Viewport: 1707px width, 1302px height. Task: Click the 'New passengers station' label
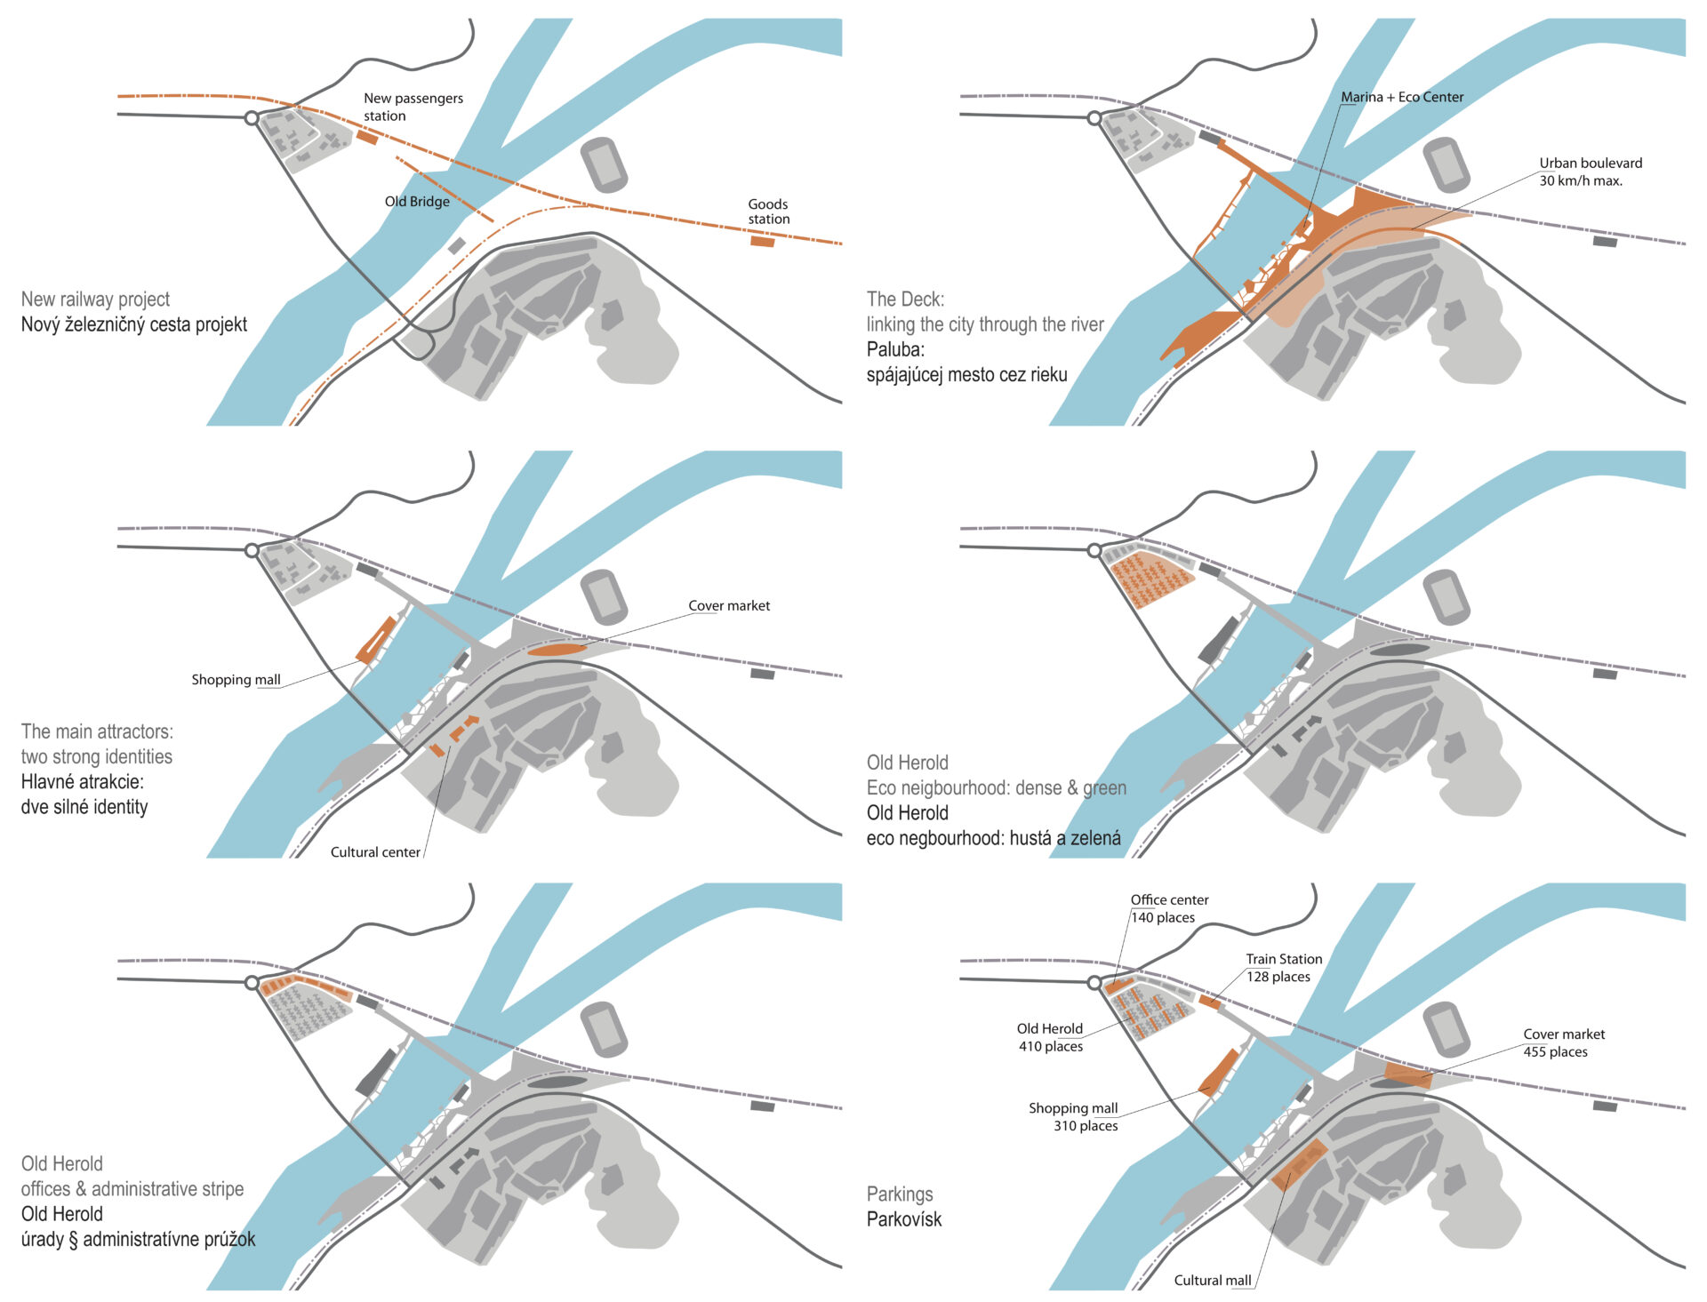pyautogui.click(x=413, y=107)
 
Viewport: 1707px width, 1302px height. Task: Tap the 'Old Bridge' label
pyautogui.click(x=417, y=202)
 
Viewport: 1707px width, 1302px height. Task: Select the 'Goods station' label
pyautogui.click(x=768, y=212)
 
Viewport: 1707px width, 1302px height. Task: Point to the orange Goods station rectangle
pyautogui.click(x=762, y=241)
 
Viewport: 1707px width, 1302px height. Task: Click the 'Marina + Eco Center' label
pyautogui.click(x=1402, y=97)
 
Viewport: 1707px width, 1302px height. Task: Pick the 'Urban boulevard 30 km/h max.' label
pyautogui.click(x=1591, y=172)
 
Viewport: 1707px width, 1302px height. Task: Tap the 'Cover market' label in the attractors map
pyautogui.click(x=729, y=605)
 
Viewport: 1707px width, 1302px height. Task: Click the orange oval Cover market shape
pyautogui.click(x=557, y=650)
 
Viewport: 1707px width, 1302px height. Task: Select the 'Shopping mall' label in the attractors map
pyautogui.click(x=236, y=680)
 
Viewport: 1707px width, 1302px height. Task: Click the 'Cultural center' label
pyautogui.click(x=375, y=852)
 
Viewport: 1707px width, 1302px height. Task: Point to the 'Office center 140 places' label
pyautogui.click(x=1168, y=908)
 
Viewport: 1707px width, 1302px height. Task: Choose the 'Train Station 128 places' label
pyautogui.click(x=1283, y=968)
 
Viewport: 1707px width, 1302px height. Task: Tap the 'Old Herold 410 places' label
pyautogui.click(x=1050, y=1037)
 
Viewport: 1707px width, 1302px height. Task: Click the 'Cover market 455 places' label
pyautogui.click(x=1564, y=1042)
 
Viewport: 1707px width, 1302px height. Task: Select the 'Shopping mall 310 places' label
pyautogui.click(x=1073, y=1116)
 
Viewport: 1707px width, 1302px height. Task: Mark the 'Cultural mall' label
pyautogui.click(x=1212, y=1281)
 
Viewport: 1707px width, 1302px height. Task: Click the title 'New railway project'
pyautogui.click(x=95, y=300)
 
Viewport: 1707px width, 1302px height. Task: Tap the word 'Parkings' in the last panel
pyautogui.click(x=900, y=1194)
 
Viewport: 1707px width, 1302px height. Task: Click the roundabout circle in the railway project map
pyautogui.click(x=252, y=117)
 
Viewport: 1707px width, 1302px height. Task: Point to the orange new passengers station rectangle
pyautogui.click(x=367, y=137)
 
